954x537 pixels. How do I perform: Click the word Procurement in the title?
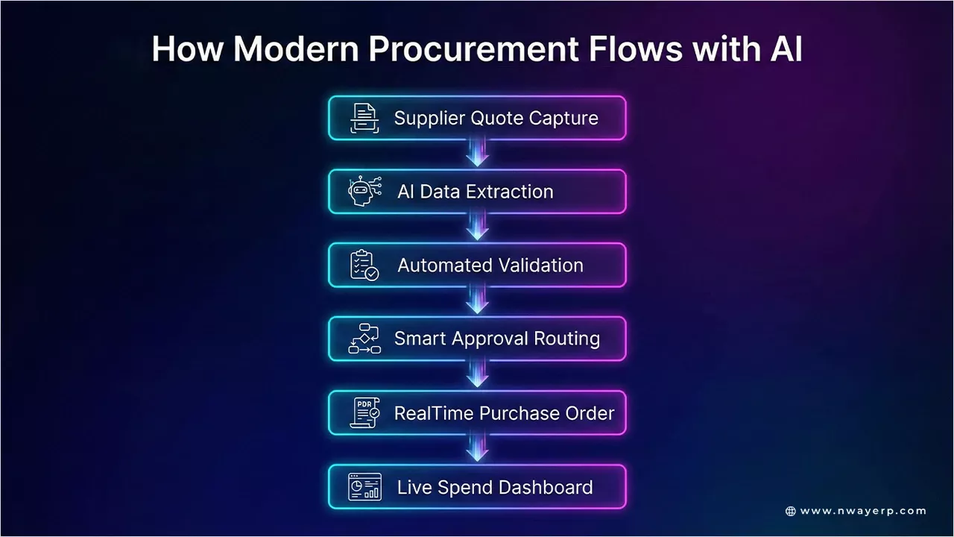(x=473, y=49)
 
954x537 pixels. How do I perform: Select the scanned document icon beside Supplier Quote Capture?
(x=364, y=119)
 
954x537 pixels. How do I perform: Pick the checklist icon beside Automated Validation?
(x=364, y=265)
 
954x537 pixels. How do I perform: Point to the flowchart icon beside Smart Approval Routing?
(x=364, y=339)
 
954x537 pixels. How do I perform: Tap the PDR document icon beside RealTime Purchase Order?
(x=364, y=412)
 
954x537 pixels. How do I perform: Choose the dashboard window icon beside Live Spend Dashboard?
(x=364, y=487)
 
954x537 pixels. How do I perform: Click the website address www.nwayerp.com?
(x=863, y=511)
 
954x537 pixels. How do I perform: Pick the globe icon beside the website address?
(x=791, y=511)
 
